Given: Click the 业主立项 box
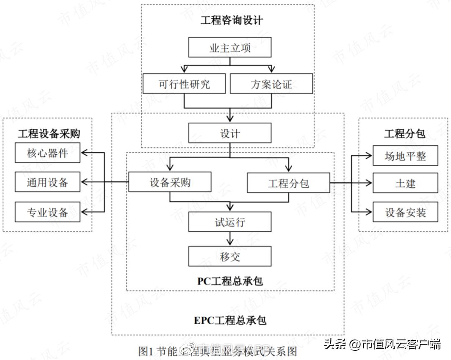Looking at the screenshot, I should pyautogui.click(x=230, y=48).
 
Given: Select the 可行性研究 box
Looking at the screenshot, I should pyautogui.click(x=184, y=84).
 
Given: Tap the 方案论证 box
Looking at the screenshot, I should pyautogui.click(x=271, y=84).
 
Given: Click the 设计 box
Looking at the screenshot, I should pyautogui.click(x=230, y=133).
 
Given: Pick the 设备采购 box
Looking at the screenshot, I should pyautogui.click(x=170, y=183).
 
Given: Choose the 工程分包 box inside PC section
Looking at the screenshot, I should pyautogui.click(x=288, y=183).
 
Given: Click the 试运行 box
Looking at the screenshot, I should pyautogui.click(x=230, y=222).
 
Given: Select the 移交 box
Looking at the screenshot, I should pyautogui.click(x=230, y=256).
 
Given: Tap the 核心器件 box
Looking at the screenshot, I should pyautogui.click(x=47, y=153).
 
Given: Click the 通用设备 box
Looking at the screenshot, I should pyautogui.click(x=47, y=182).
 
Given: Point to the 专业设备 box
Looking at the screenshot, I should pyautogui.click(x=47, y=212).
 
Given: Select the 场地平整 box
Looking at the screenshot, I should pyautogui.click(x=405, y=156).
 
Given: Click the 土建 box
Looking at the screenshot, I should pyautogui.click(x=405, y=183).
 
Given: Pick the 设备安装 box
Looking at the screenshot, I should pyautogui.click(x=405, y=212).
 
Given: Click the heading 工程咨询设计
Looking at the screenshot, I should pyautogui.click(x=231, y=20).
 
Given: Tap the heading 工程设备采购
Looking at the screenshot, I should pyautogui.click(x=49, y=133).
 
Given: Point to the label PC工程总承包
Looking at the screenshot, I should pyautogui.click(x=230, y=281).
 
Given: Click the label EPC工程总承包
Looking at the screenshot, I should pyautogui.click(x=230, y=320).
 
